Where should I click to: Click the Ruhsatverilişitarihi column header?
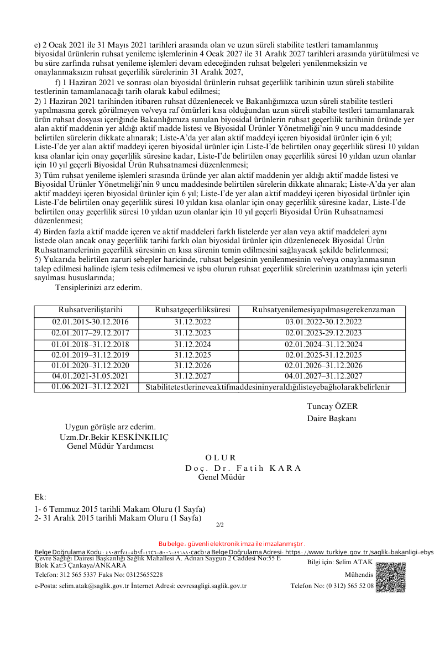point(90,310)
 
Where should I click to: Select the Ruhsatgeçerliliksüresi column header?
point(193,310)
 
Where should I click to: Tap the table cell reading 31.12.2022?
point(193,322)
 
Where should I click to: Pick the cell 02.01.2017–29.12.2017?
point(90,333)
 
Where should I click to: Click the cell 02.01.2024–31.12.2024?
point(323,344)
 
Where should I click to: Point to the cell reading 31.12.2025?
point(193,355)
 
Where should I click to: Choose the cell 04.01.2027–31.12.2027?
point(323,376)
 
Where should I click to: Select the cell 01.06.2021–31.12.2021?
point(90,386)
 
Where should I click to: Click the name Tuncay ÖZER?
point(332,406)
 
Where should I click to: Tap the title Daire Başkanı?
point(332,419)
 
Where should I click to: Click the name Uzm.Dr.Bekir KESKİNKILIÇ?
point(114,437)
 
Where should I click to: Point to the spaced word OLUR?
point(221,458)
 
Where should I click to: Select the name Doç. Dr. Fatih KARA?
point(243,468)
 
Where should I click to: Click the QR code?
point(390,576)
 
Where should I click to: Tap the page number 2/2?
point(219,524)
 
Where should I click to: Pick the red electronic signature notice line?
point(232,544)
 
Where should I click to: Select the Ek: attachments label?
point(40,497)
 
